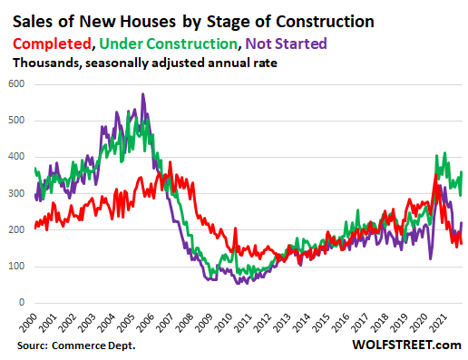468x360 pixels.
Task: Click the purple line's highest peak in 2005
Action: point(141,94)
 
